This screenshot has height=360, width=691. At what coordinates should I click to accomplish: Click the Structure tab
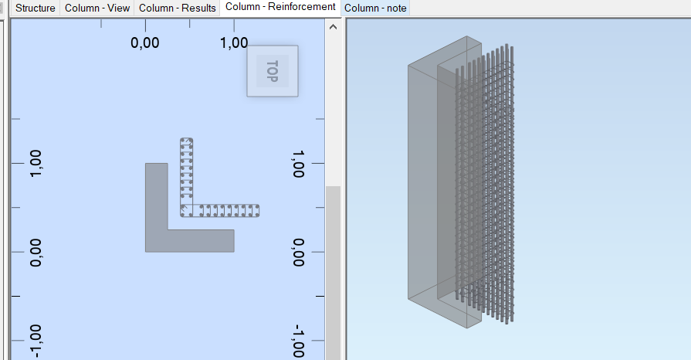[x=36, y=8]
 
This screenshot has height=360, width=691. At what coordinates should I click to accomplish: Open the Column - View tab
[x=97, y=8]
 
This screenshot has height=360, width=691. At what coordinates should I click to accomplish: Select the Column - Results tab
[x=177, y=8]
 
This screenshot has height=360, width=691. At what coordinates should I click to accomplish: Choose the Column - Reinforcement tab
[x=280, y=7]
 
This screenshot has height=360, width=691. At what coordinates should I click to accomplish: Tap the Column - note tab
[x=375, y=8]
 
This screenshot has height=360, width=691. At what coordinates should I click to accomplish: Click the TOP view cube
[x=273, y=71]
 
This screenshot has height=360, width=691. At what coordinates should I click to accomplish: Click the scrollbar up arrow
[x=334, y=27]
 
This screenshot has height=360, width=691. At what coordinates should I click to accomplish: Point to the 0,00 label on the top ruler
[x=145, y=42]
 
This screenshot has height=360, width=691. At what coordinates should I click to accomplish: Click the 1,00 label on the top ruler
[x=234, y=42]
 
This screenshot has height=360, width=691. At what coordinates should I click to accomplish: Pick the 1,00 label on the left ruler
[x=36, y=164]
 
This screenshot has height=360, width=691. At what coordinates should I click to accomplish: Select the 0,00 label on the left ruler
[x=36, y=253]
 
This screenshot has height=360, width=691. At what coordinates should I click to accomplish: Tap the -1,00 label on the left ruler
[x=36, y=341]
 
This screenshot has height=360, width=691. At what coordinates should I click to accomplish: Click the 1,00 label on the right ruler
[x=298, y=164]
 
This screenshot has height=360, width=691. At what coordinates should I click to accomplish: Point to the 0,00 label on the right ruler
[x=298, y=253]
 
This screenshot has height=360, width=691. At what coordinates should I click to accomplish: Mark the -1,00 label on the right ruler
[x=298, y=341]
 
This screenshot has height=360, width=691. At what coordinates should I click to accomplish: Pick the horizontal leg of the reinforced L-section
[x=225, y=210]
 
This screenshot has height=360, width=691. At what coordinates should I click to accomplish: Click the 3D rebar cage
[x=485, y=183]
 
